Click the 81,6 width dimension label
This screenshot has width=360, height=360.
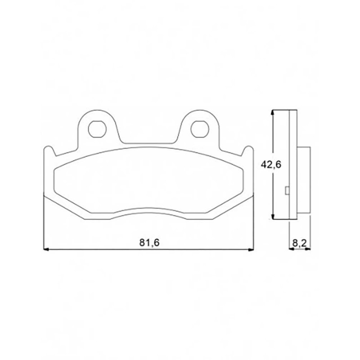tap(149, 243)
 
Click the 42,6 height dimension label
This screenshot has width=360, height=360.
tap(271, 164)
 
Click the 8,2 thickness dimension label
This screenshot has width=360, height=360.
tap(299, 243)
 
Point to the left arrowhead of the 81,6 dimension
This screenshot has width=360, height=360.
tap(46, 249)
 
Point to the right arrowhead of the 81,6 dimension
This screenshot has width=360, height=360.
tap(251, 249)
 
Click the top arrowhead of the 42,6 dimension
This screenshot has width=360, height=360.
tap(272, 113)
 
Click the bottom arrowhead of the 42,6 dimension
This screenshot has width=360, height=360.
tap(272, 216)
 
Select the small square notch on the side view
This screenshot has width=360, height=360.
tap(287, 190)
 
